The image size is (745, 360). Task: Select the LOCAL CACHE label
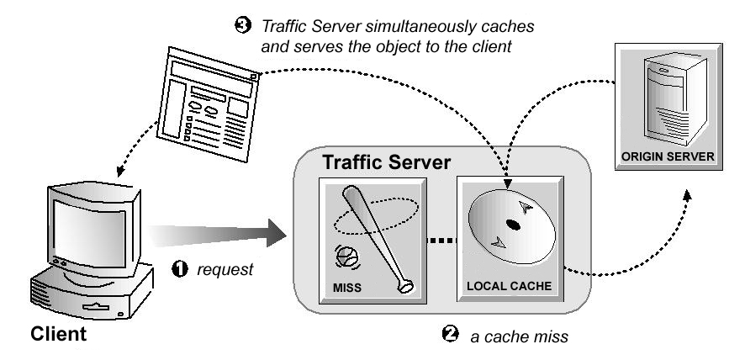point(508,286)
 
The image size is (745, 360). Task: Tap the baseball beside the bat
point(346,251)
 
